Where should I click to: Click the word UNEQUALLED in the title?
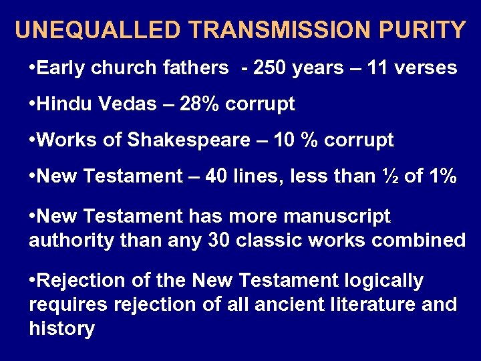click(98, 30)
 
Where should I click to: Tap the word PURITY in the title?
click(425, 30)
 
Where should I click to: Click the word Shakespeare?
click(184, 140)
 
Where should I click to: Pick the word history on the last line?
click(61, 329)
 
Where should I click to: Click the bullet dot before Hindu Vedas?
click(33, 104)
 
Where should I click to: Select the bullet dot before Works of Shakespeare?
click(33, 140)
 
